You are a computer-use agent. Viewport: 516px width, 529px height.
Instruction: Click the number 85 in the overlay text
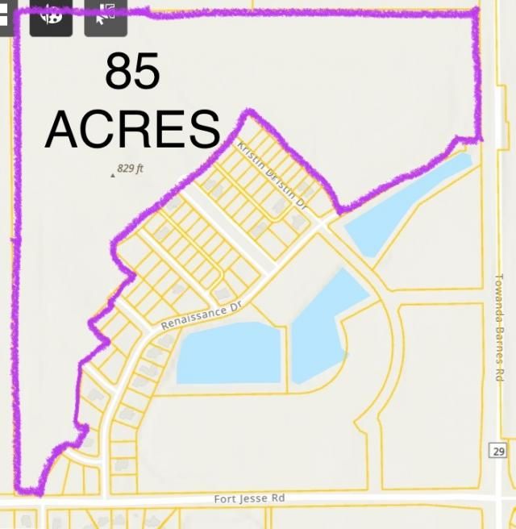click(x=133, y=73)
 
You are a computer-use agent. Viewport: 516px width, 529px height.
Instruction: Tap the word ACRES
click(x=132, y=129)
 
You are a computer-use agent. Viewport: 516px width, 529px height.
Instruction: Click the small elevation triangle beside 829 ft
click(x=112, y=173)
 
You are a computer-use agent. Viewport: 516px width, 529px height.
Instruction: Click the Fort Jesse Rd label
click(x=249, y=499)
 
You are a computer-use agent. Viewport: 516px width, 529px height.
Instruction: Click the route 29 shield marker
click(x=497, y=451)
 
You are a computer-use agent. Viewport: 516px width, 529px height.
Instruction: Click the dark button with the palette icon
click(x=51, y=16)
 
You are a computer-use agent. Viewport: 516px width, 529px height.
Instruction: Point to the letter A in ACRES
click(x=63, y=129)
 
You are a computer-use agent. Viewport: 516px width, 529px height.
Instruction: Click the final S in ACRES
click(x=205, y=129)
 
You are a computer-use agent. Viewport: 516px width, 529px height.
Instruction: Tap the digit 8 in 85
click(x=119, y=73)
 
